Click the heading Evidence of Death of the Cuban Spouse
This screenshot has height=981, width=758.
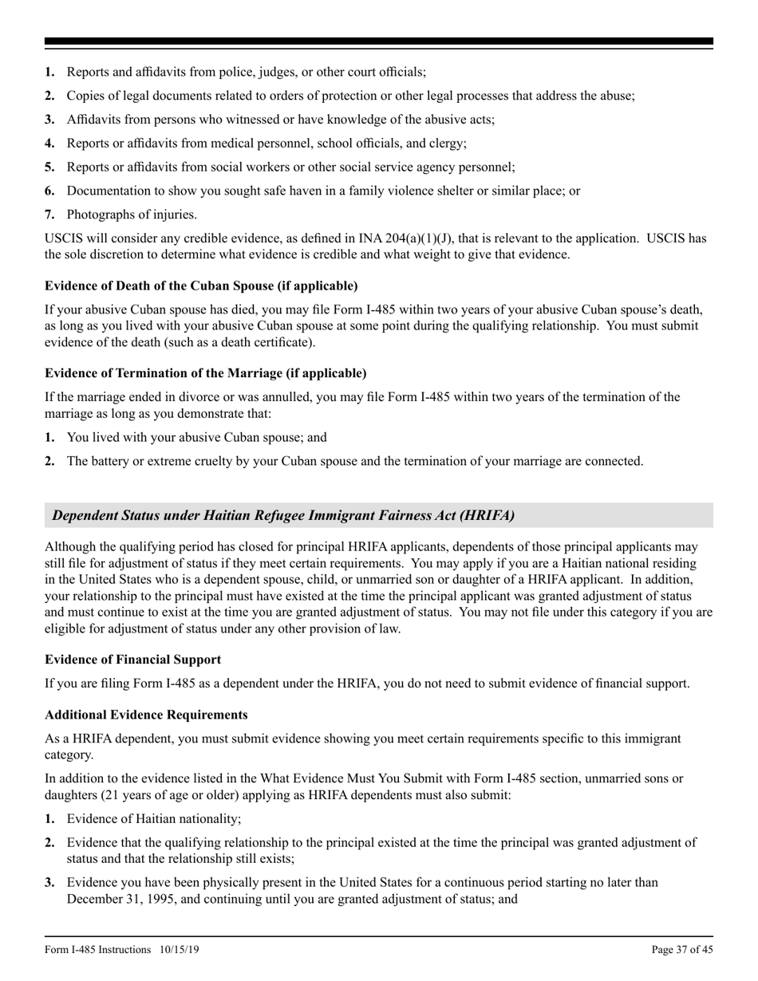point(201,286)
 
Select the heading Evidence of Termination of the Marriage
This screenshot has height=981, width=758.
point(206,373)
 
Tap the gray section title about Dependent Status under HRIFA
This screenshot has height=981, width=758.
point(283,515)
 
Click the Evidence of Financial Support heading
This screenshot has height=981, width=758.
point(133,659)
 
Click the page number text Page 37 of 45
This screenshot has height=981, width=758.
point(682,949)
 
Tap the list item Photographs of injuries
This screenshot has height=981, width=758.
point(132,215)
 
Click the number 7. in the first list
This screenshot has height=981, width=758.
point(49,215)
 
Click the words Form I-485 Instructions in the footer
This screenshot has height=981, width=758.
point(97,949)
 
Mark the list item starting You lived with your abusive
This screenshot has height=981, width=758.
point(196,437)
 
